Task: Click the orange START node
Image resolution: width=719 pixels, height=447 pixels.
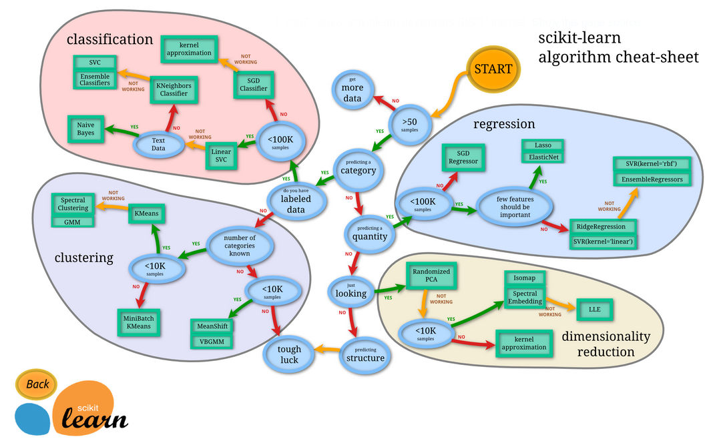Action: (x=493, y=69)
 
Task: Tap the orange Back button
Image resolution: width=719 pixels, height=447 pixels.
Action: (x=37, y=384)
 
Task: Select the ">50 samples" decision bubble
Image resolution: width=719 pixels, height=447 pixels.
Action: (x=409, y=123)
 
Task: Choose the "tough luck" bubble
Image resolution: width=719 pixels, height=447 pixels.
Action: (x=289, y=354)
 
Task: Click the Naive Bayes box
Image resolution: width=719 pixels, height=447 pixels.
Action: (x=85, y=129)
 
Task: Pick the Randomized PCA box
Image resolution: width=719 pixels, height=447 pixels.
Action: (x=431, y=277)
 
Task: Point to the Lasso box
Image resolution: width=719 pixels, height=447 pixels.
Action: (x=543, y=145)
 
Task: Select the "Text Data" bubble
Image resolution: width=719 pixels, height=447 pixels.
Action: (x=158, y=143)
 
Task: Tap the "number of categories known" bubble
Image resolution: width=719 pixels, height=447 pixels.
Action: (x=240, y=246)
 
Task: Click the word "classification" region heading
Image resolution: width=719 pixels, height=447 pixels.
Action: (x=109, y=39)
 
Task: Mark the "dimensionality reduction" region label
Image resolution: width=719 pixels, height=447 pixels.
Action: (x=606, y=344)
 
